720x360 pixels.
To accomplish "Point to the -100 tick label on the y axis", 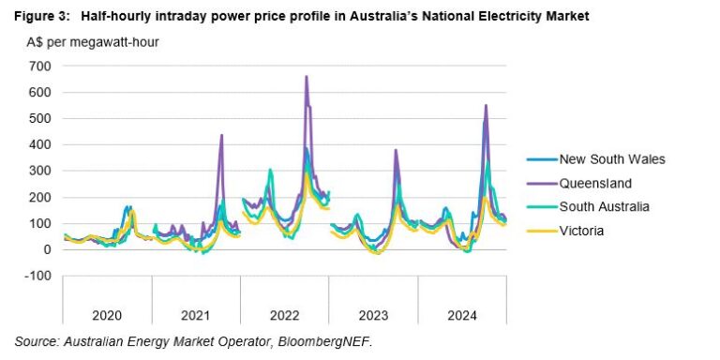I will point(38,277).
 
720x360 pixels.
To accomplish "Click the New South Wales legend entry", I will point(611,159).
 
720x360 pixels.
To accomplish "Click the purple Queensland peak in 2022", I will point(307,77).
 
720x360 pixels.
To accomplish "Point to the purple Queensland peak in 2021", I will point(221,135).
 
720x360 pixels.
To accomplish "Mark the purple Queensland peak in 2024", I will point(486,105).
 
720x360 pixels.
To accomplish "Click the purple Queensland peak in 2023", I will point(396,150).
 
